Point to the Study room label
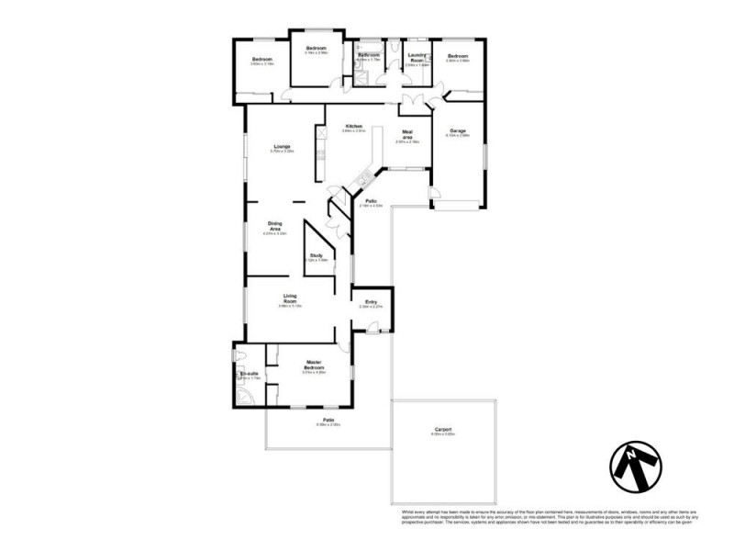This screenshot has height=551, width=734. (316, 255)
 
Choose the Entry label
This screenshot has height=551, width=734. (372, 301)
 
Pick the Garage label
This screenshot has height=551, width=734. (457, 130)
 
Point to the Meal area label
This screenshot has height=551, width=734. (407, 135)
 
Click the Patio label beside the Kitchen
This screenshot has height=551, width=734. (372, 200)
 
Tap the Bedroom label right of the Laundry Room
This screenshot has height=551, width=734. (458, 57)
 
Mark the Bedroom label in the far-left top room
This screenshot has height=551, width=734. (262, 60)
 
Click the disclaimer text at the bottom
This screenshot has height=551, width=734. (549, 517)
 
